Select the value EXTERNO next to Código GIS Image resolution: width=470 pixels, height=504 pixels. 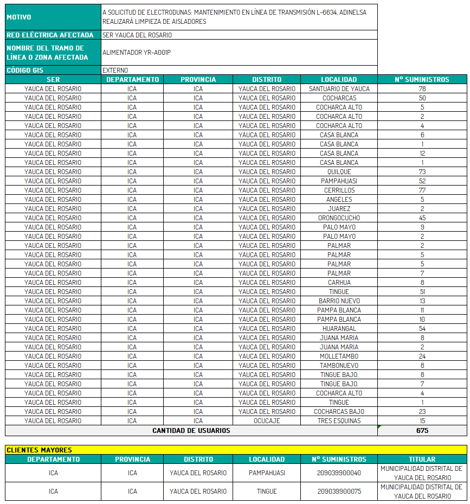pyautogui.click(x=115, y=71)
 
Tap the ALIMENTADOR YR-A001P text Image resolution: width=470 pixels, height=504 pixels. pyautogui.click(x=137, y=53)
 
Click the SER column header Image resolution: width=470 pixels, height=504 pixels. pyautogui.click(x=53, y=80)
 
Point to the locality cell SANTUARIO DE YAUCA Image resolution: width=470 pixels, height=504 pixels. pyautogui.click(x=339, y=89)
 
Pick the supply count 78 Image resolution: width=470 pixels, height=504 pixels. pyautogui.click(x=422, y=89)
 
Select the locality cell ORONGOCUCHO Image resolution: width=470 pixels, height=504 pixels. pyautogui.click(x=339, y=218)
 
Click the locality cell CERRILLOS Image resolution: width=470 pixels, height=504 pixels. pyautogui.click(x=339, y=190)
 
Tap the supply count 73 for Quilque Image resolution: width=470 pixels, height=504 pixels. pyautogui.click(x=422, y=172)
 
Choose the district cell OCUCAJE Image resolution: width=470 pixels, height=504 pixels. pyautogui.click(x=267, y=421)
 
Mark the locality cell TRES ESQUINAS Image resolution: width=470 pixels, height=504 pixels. pyautogui.click(x=339, y=421)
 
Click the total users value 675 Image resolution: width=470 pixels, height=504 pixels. pyautogui.click(x=422, y=431)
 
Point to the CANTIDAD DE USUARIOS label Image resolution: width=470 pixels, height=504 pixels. pyautogui.click(x=191, y=431)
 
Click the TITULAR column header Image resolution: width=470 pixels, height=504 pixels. pyautogui.click(x=422, y=460)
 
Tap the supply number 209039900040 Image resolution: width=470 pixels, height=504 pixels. pyautogui.click(x=339, y=473)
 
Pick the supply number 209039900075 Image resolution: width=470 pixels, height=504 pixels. pyautogui.click(x=339, y=492)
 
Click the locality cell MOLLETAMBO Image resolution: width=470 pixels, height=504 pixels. pyautogui.click(x=339, y=356)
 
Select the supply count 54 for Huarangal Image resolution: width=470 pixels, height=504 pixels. pyautogui.click(x=422, y=329)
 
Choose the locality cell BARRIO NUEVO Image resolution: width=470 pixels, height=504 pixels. pyautogui.click(x=339, y=301)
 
